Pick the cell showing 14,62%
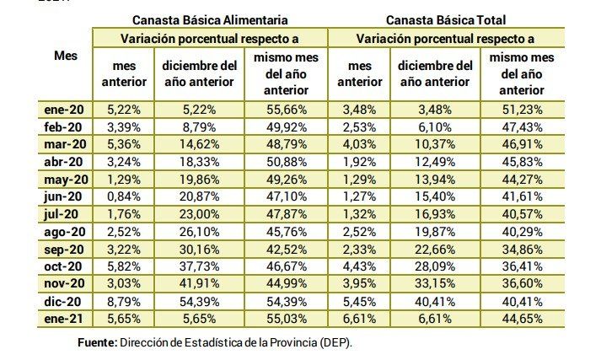[x=199, y=144]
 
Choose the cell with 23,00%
[x=199, y=214]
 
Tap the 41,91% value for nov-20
[x=199, y=284]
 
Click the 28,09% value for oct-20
[x=434, y=266]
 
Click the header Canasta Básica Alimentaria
[x=210, y=19]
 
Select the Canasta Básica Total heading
[x=446, y=19]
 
